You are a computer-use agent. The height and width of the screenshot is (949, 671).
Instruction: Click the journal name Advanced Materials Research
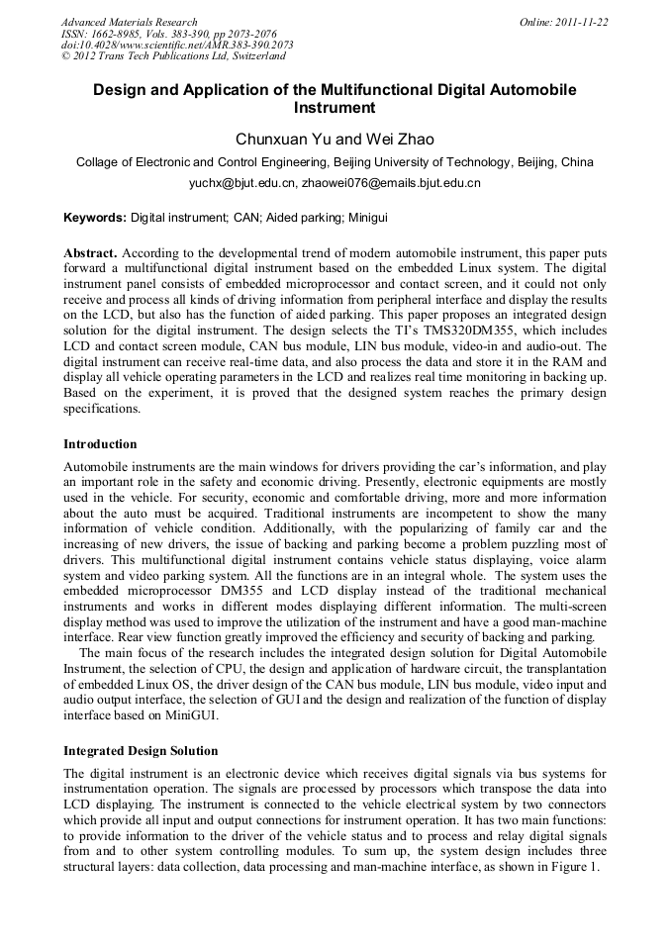click(129, 22)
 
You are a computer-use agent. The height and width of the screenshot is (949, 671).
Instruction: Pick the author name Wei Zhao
click(400, 140)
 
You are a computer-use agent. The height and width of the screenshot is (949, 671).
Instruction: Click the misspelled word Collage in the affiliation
click(100, 162)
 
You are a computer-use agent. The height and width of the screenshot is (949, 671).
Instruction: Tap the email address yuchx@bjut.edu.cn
click(242, 183)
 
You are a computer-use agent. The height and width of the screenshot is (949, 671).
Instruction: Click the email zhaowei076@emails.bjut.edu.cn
click(391, 183)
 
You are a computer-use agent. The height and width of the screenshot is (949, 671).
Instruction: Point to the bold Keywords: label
click(95, 216)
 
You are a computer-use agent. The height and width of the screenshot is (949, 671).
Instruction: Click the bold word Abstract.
click(91, 252)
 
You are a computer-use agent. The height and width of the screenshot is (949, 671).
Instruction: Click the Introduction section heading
click(100, 443)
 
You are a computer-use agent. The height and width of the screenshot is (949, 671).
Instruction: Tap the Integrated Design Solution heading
click(141, 751)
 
